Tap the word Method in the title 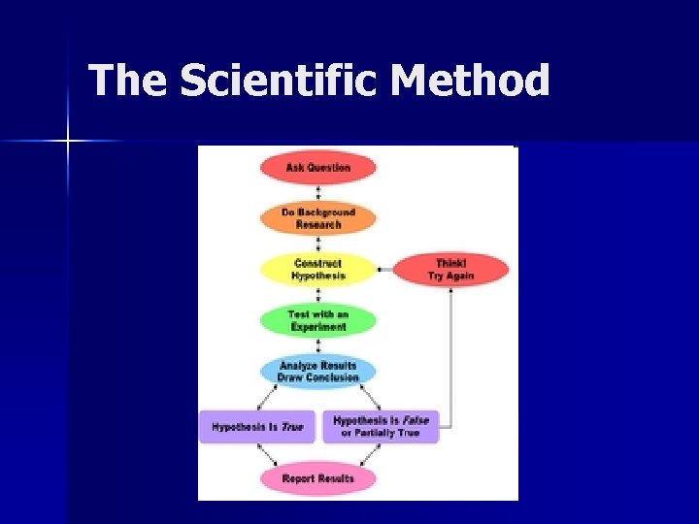[470, 81]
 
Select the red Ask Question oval [317, 168]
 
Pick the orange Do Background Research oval [317, 218]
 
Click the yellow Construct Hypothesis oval [317, 269]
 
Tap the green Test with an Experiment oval [317, 320]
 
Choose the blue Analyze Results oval [317, 371]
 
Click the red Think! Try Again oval [450, 270]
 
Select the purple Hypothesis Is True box [257, 427]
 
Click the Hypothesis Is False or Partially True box [380, 427]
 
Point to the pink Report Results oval [317, 478]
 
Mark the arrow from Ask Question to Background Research [317, 193]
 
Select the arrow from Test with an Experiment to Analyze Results [317, 345]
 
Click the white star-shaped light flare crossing [68, 142]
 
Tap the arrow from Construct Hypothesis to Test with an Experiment [317, 295]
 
